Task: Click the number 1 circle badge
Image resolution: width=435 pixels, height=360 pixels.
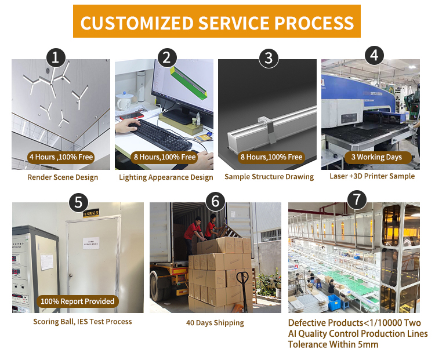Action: [55, 57]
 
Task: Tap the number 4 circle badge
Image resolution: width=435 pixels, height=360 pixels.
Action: [374, 56]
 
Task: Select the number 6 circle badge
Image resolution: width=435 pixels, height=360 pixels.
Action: [216, 201]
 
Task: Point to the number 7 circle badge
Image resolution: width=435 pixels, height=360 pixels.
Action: [356, 200]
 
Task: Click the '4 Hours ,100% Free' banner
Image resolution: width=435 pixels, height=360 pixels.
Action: [60, 157]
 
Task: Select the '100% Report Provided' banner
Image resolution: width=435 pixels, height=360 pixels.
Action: [77, 301]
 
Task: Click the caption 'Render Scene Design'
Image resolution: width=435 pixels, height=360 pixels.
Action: [63, 177]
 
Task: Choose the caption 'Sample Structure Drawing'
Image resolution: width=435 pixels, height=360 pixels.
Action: [269, 177]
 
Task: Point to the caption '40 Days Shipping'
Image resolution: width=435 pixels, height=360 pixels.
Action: [215, 323]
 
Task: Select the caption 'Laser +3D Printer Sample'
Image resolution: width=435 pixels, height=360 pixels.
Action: [372, 176]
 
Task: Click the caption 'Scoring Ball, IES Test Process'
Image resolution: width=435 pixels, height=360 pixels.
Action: [82, 322]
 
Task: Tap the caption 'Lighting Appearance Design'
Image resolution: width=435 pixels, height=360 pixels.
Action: [166, 177]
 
